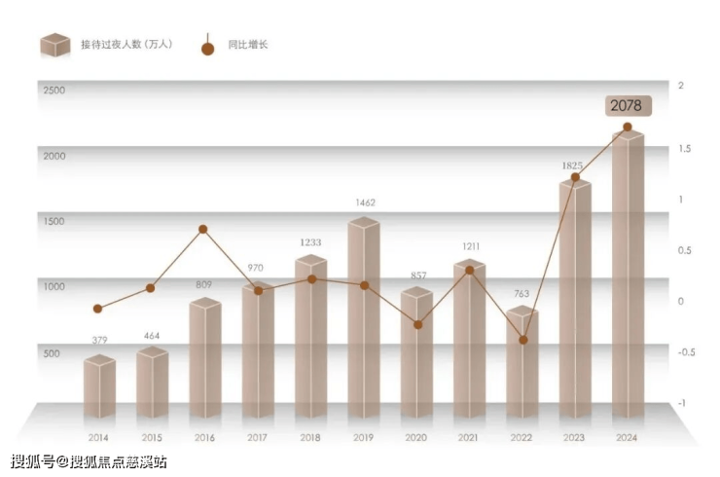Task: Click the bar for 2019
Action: [363, 321]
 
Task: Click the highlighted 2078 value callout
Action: [626, 105]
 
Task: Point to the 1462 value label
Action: [365, 202]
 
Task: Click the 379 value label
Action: [98, 340]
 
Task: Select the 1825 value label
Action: [573, 165]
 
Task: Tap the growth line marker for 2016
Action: [203, 230]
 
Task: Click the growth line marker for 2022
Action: [522, 340]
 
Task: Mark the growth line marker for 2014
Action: [97, 309]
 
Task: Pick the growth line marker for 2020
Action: [417, 324]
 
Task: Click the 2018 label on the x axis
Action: [310, 438]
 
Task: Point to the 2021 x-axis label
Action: [469, 438]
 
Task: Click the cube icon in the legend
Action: [55, 45]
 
